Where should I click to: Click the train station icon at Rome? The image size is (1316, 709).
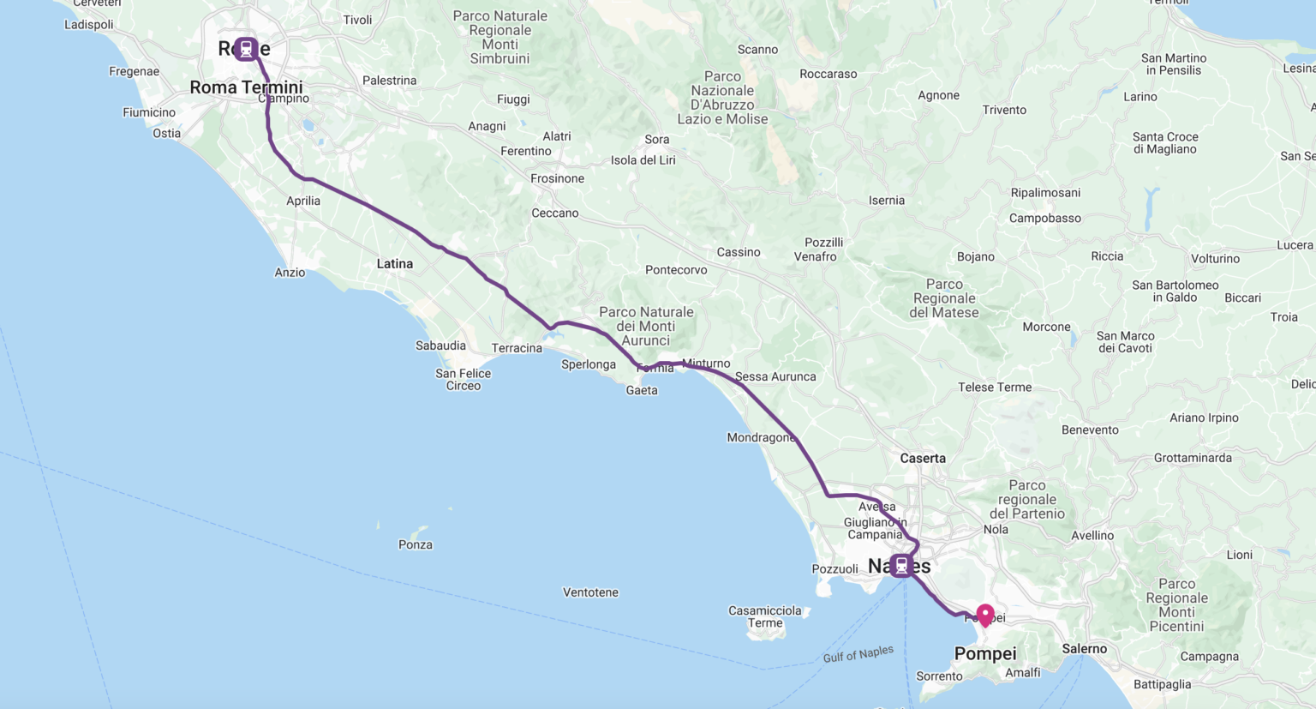[246, 49]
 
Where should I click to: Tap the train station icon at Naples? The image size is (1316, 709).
[901, 565]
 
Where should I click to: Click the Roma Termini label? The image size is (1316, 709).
[246, 87]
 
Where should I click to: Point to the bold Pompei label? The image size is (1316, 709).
[985, 654]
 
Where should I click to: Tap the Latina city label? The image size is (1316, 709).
[395, 264]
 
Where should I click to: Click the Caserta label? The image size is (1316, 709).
[923, 459]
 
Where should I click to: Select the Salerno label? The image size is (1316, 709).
[1085, 649]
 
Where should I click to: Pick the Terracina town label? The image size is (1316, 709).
[517, 348]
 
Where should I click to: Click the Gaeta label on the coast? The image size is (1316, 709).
[642, 391]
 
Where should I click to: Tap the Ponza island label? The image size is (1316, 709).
[416, 545]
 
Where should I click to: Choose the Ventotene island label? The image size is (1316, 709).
[590, 592]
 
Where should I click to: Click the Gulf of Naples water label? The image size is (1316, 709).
[858, 654]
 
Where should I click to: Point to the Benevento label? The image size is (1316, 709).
[1090, 430]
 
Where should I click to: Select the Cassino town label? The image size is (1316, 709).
[739, 252]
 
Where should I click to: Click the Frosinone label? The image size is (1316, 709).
[557, 179]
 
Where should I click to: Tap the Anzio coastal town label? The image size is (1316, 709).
[290, 273]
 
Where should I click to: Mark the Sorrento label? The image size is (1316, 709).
[939, 676]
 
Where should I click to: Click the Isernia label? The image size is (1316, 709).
[887, 201]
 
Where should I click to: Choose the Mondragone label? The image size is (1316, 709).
[761, 438]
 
